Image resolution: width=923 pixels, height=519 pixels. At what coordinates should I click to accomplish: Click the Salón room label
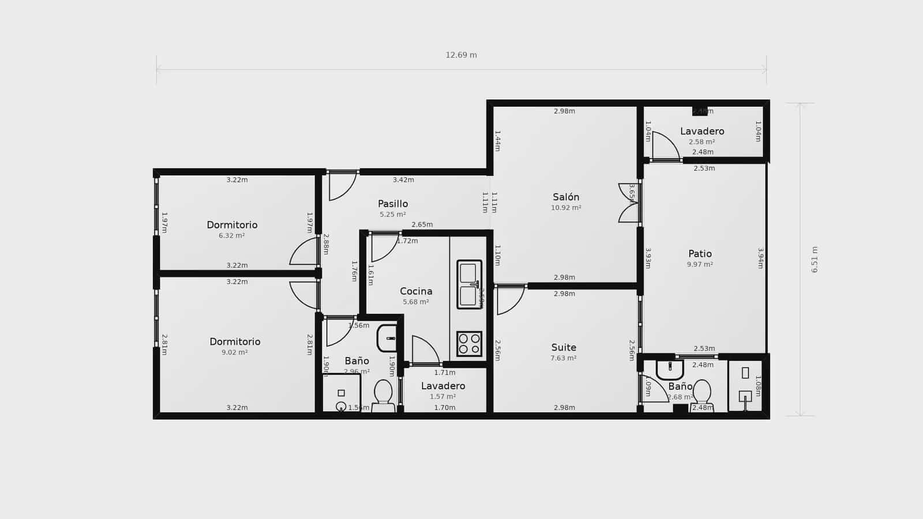point(565,197)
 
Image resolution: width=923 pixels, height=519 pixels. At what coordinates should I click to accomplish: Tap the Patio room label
point(700,254)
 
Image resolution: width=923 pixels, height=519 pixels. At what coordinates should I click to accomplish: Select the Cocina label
point(416,291)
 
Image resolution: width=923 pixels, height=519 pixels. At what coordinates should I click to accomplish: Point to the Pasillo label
point(393,204)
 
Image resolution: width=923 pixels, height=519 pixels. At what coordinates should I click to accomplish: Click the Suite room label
point(564,347)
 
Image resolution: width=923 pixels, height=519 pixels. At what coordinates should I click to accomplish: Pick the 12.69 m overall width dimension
point(461,55)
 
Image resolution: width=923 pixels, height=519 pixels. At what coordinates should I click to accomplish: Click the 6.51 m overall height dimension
point(815,259)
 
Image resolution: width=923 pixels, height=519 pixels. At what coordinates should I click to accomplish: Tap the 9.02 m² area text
point(235,352)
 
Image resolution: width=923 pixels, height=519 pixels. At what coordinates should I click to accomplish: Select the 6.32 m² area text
point(232,236)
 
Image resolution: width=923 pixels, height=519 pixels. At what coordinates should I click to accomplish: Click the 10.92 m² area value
point(566,208)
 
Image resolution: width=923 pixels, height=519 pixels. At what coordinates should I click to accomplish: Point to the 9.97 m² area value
point(700,264)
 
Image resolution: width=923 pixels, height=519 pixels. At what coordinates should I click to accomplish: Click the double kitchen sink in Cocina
point(469,284)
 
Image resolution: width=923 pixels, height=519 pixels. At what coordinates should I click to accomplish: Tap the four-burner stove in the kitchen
point(469,344)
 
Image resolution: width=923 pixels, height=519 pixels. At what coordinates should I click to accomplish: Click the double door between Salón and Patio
point(629,203)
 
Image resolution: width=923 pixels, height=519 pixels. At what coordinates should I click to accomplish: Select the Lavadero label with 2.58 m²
point(702,131)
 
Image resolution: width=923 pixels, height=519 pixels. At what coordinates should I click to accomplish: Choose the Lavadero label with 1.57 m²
point(443,386)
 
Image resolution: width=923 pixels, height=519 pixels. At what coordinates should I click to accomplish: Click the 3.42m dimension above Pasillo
point(403,180)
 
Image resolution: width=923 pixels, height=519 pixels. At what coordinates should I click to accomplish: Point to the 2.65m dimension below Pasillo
point(422,224)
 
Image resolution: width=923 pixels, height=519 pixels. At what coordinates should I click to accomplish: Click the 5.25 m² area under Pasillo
point(393,215)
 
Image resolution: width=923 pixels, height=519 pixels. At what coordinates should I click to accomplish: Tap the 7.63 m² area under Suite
point(564,358)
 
